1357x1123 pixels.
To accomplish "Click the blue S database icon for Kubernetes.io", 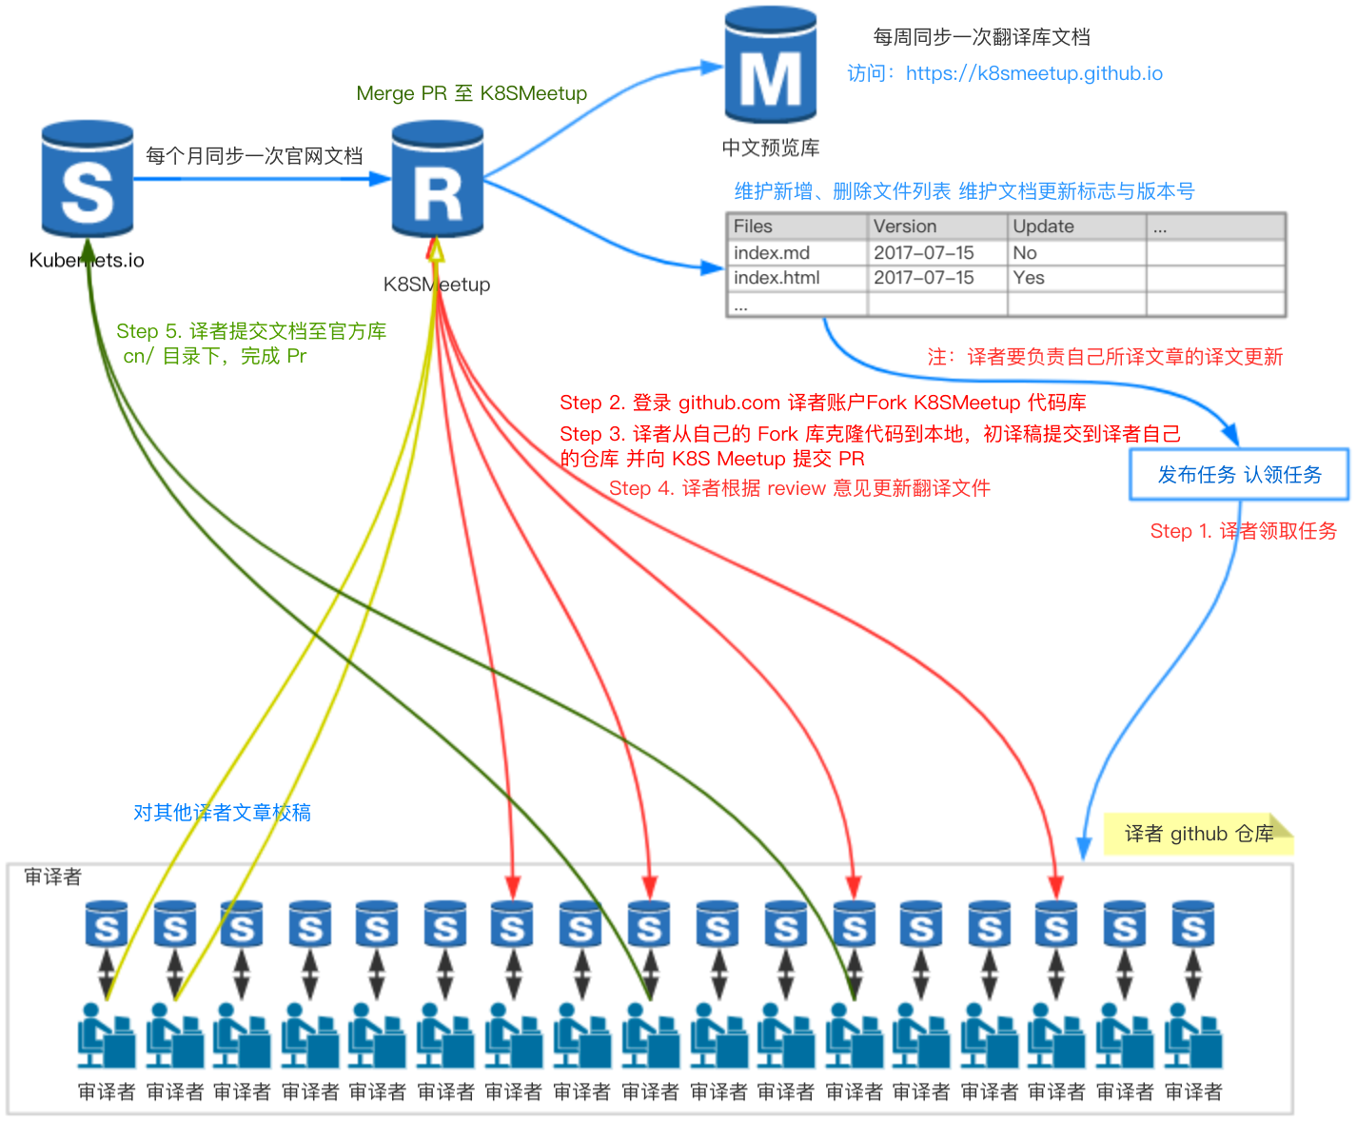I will coord(88,180).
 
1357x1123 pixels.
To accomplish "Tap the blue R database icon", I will coord(438,180).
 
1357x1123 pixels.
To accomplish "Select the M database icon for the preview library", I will coord(770,67).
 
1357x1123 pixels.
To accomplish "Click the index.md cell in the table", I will coord(772,253).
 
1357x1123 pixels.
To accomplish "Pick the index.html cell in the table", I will coord(777,278).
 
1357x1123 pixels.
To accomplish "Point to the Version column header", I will coord(905,227).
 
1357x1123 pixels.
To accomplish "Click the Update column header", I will coord(1043,227).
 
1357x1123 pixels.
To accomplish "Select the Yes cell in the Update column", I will coord(1029,278).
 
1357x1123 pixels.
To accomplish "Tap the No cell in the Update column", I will coord(1025,253).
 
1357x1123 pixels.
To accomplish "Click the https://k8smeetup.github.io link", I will coord(1033,73).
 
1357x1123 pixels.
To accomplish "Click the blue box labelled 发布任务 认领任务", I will coord(1239,475).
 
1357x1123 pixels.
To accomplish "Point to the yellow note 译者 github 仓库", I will coord(1198,835).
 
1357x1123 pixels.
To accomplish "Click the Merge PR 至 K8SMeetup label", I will coord(471,93).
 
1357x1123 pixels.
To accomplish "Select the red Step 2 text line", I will coord(822,403).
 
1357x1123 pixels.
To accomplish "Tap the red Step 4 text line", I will coord(799,488).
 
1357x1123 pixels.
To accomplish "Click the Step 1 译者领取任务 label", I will coord(1243,531).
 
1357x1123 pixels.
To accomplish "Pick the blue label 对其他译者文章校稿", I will coord(222,813).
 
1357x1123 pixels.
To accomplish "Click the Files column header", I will coord(753,227).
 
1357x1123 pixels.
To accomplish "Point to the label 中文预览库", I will coord(770,148).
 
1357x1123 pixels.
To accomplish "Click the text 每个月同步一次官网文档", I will coord(254,156).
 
